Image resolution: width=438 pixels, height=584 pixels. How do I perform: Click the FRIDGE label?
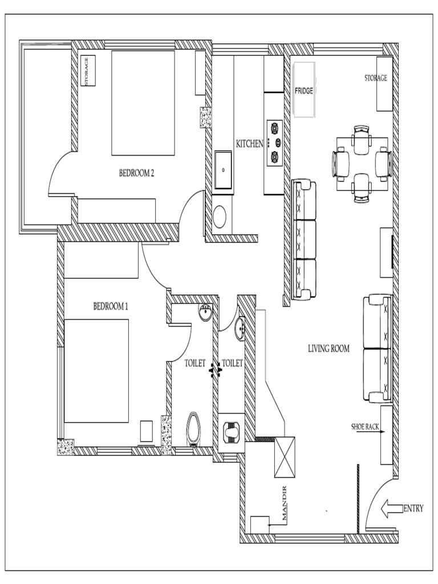[304, 91]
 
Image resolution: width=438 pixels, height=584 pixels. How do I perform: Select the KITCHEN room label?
[249, 144]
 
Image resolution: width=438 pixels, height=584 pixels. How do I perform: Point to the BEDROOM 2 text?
[136, 173]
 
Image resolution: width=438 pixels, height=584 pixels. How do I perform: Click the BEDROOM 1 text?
[111, 306]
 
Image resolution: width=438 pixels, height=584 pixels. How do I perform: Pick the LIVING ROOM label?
[328, 348]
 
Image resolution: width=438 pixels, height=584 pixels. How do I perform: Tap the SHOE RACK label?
[366, 427]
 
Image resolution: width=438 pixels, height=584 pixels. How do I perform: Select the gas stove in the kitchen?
[274, 143]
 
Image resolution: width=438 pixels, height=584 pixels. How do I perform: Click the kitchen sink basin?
[223, 169]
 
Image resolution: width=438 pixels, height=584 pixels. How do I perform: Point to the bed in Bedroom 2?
[143, 103]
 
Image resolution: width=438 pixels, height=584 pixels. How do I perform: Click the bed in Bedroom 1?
[96, 371]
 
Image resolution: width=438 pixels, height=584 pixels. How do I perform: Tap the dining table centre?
[362, 164]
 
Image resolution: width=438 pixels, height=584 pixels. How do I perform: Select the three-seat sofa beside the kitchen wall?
[303, 240]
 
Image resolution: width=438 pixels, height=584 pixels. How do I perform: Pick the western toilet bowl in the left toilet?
[194, 427]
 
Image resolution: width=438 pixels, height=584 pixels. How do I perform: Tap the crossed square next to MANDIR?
[285, 457]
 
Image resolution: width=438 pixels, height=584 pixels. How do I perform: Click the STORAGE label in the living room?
[376, 78]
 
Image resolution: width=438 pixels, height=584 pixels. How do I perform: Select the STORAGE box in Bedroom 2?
[88, 71]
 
